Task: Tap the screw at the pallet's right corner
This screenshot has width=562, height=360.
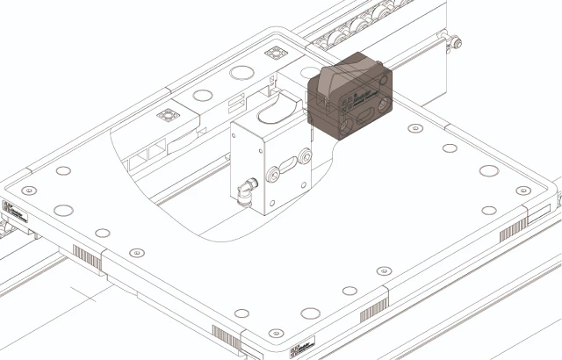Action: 525,190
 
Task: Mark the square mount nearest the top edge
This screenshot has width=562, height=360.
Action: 278,54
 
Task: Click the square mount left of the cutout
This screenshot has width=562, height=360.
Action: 165,115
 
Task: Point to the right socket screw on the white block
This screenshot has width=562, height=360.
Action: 305,155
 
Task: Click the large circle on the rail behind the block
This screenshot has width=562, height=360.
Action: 241,72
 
